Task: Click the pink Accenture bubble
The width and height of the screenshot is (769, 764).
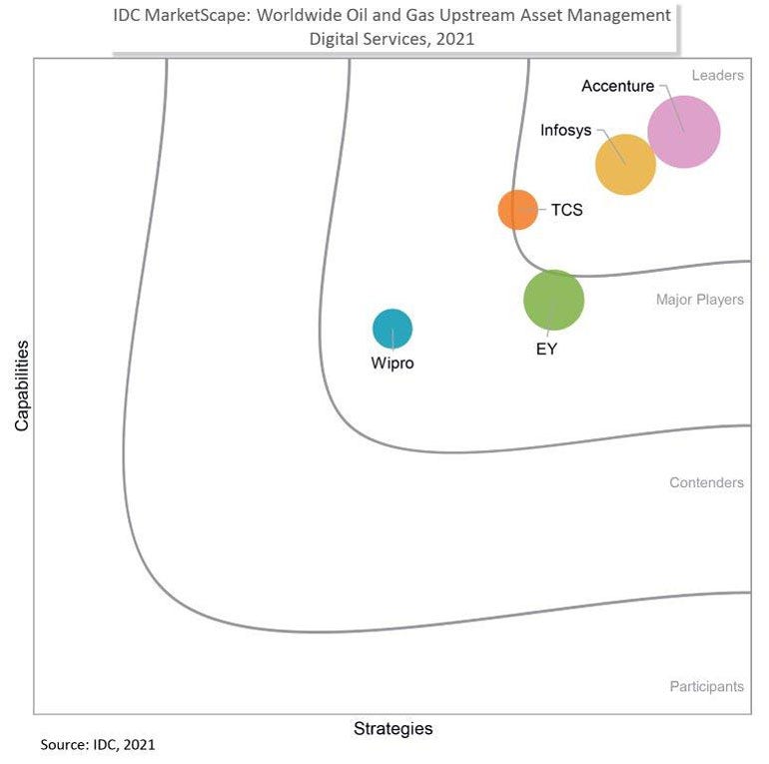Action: point(684,132)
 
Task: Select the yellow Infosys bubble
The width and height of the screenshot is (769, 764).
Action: point(625,164)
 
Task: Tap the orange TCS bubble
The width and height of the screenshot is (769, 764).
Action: point(517,210)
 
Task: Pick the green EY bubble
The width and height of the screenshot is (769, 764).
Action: point(553,300)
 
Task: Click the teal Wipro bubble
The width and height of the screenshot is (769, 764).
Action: point(392,328)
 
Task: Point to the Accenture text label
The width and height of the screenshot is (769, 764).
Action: point(617,86)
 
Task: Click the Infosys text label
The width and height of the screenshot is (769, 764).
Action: point(565,130)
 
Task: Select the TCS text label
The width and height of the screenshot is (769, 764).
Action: point(566,211)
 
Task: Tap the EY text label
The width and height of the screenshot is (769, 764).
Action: point(546,349)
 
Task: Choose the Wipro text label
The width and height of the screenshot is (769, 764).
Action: point(392,364)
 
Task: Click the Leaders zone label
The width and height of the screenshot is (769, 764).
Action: point(717,76)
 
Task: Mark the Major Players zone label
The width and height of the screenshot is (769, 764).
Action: point(699,300)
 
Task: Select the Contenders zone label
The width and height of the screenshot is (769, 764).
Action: point(706,483)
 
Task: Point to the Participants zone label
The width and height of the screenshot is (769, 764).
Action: point(706,687)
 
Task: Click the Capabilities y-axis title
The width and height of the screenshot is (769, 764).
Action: point(22,385)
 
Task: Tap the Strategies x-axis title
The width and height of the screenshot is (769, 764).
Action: point(392,729)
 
